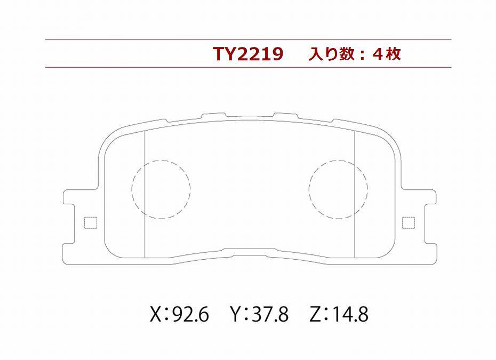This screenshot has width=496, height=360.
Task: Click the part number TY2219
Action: pyautogui.click(x=247, y=54)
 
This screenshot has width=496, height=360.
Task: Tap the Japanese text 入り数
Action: pyautogui.click(x=331, y=54)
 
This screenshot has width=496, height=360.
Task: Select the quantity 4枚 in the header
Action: pyautogui.click(x=387, y=54)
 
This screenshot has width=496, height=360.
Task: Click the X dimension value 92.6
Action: pyautogui.click(x=191, y=315)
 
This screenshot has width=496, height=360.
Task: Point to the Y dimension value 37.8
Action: pyautogui.click(x=270, y=315)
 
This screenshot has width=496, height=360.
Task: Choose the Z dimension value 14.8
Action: pyautogui.click(x=350, y=315)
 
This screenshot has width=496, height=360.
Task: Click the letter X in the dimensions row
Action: pyautogui.click(x=156, y=315)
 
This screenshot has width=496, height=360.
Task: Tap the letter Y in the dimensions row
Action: pyautogui.click(x=236, y=315)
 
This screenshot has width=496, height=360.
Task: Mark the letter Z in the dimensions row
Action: pyautogui.click(x=315, y=315)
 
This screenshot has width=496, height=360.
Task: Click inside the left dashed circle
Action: pyautogui.click(x=161, y=189)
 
